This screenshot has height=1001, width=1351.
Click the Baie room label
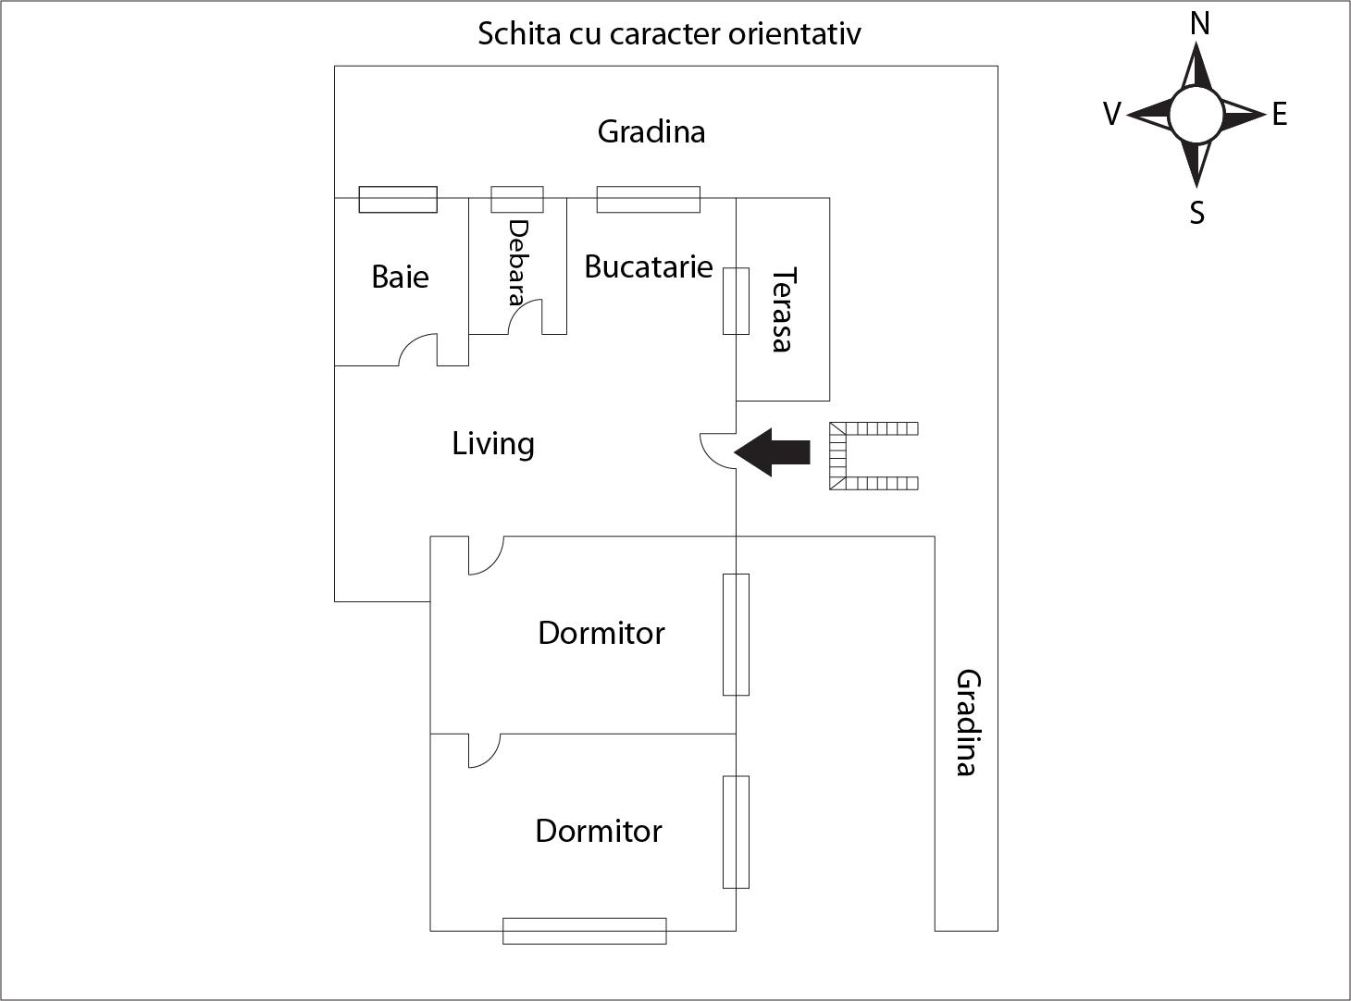[400, 277]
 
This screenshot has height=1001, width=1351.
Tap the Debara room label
[517, 262]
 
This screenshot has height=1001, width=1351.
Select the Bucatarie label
[648, 266]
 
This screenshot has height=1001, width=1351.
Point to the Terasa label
[783, 309]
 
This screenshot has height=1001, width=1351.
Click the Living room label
[492, 444]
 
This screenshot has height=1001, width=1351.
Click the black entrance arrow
[773, 452]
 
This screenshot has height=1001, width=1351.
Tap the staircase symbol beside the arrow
[872, 455]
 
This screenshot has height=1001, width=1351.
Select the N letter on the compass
[1199, 23]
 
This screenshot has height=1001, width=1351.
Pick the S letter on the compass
[1197, 213]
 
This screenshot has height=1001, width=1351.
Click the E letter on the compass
[1280, 115]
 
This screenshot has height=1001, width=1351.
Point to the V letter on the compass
[1112, 115]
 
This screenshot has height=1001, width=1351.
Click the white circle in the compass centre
[1196, 115]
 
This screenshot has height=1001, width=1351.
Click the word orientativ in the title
[795, 34]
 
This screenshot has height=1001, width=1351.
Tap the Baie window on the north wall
[398, 199]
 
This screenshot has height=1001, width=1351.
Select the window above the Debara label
[516, 199]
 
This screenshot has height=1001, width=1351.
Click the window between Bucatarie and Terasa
[736, 301]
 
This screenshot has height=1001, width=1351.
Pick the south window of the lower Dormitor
[584, 931]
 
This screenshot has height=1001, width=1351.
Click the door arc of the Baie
[419, 350]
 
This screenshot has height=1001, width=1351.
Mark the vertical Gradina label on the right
[967, 723]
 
